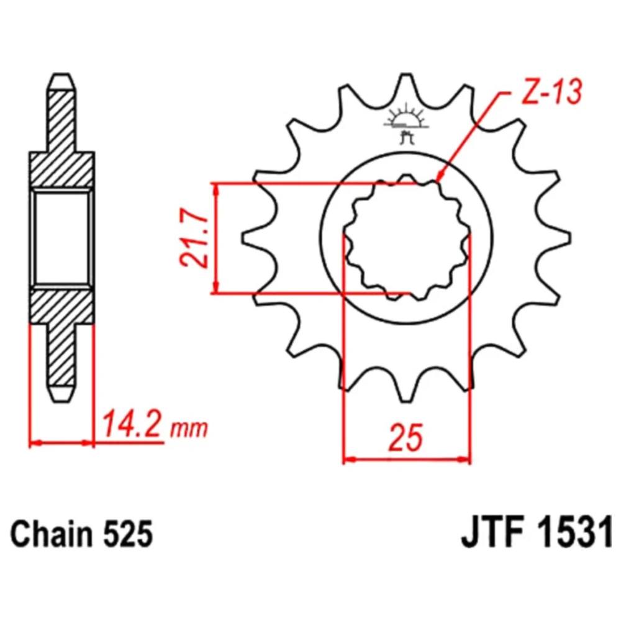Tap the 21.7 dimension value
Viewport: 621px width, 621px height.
tap(194, 238)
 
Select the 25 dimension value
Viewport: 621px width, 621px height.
tap(406, 438)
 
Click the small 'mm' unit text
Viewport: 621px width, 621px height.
tap(189, 428)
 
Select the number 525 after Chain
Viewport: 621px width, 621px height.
tap(129, 534)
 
